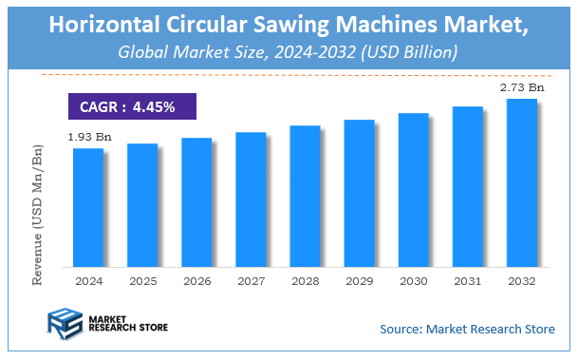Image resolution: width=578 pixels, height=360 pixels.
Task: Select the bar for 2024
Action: click(x=87, y=207)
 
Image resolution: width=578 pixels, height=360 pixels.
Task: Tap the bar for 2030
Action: click(x=413, y=189)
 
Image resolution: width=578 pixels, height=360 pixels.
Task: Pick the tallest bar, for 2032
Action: click(x=521, y=182)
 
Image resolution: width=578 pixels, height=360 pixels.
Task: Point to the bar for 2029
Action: click(x=359, y=193)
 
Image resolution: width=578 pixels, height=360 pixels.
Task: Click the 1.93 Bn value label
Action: click(x=89, y=138)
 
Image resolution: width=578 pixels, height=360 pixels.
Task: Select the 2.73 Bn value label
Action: click(x=522, y=88)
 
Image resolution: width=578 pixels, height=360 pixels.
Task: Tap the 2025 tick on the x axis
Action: click(x=142, y=282)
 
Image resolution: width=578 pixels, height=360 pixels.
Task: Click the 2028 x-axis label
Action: click(x=305, y=282)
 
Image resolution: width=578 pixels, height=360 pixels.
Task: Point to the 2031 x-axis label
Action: click(x=467, y=282)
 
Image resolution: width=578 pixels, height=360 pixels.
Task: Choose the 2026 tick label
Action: click(x=196, y=282)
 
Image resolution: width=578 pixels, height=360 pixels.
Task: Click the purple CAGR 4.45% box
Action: click(x=132, y=106)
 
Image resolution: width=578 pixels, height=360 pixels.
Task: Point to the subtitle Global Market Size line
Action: click(x=289, y=50)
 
